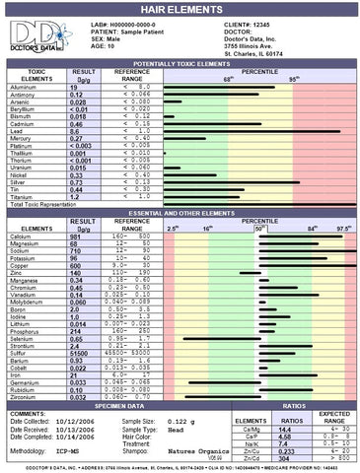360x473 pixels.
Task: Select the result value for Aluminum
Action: click(74, 88)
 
